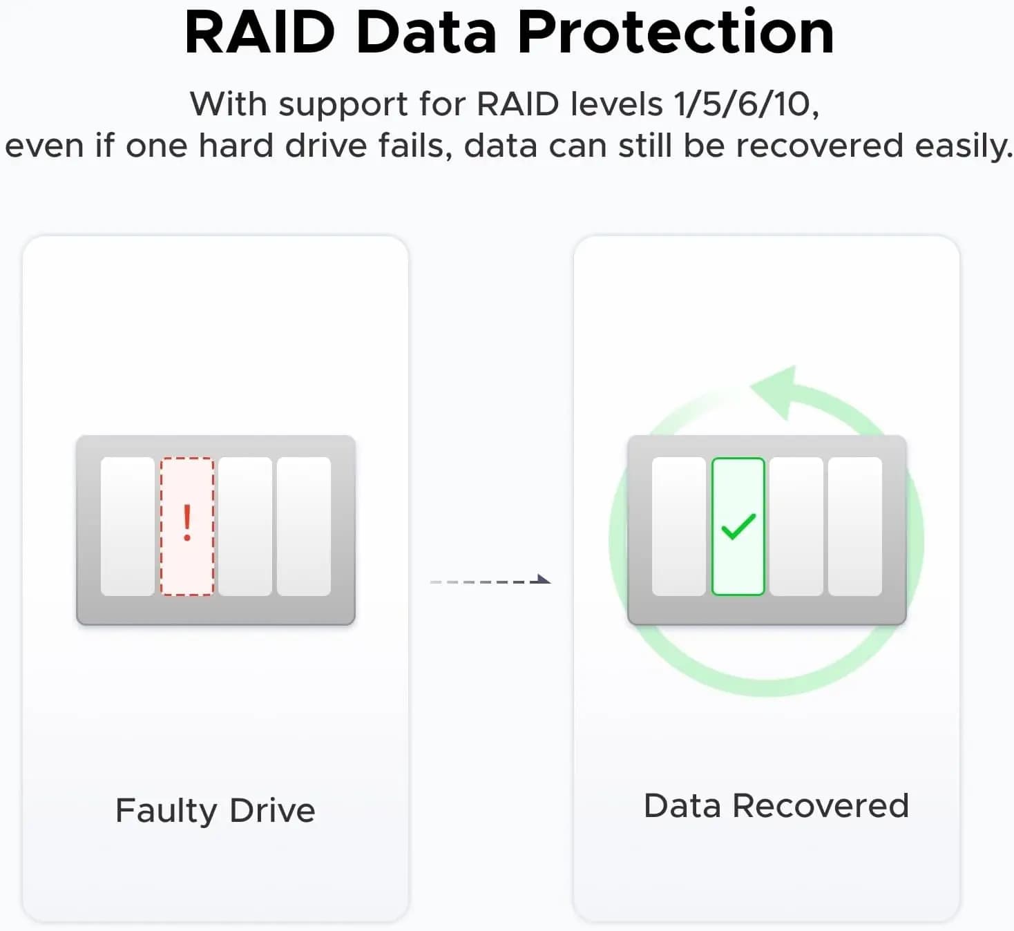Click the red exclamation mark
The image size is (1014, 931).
coord(187,523)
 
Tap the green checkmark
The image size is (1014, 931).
coord(738,526)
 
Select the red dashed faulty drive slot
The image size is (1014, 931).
coord(187,526)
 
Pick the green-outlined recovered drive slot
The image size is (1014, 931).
coord(738,526)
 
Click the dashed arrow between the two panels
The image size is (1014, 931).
coord(490,582)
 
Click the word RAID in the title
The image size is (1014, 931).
coord(260,32)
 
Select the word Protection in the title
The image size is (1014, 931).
coord(676,32)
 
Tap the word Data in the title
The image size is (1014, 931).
coord(426,32)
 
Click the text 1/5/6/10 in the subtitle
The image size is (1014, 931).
coord(746,104)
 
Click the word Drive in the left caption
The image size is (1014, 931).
coord(272,810)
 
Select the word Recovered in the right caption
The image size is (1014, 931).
coord(821,805)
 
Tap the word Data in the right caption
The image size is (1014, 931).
coord(682,805)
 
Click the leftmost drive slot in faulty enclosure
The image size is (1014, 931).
coord(127,526)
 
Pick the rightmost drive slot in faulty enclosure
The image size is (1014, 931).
coord(304,526)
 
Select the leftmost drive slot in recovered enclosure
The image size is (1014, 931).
coord(679,526)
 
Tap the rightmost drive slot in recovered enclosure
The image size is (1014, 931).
coord(855,526)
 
